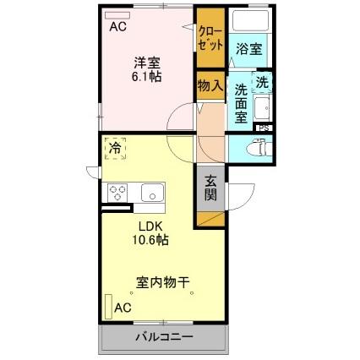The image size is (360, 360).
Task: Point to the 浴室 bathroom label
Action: point(248,50)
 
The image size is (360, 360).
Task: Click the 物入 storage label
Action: point(210,85)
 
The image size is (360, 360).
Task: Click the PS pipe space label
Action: point(265,128)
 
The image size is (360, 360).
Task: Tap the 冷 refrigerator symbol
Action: point(114,150)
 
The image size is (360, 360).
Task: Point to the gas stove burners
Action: point(117,192)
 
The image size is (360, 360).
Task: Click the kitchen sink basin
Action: point(152,192)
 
